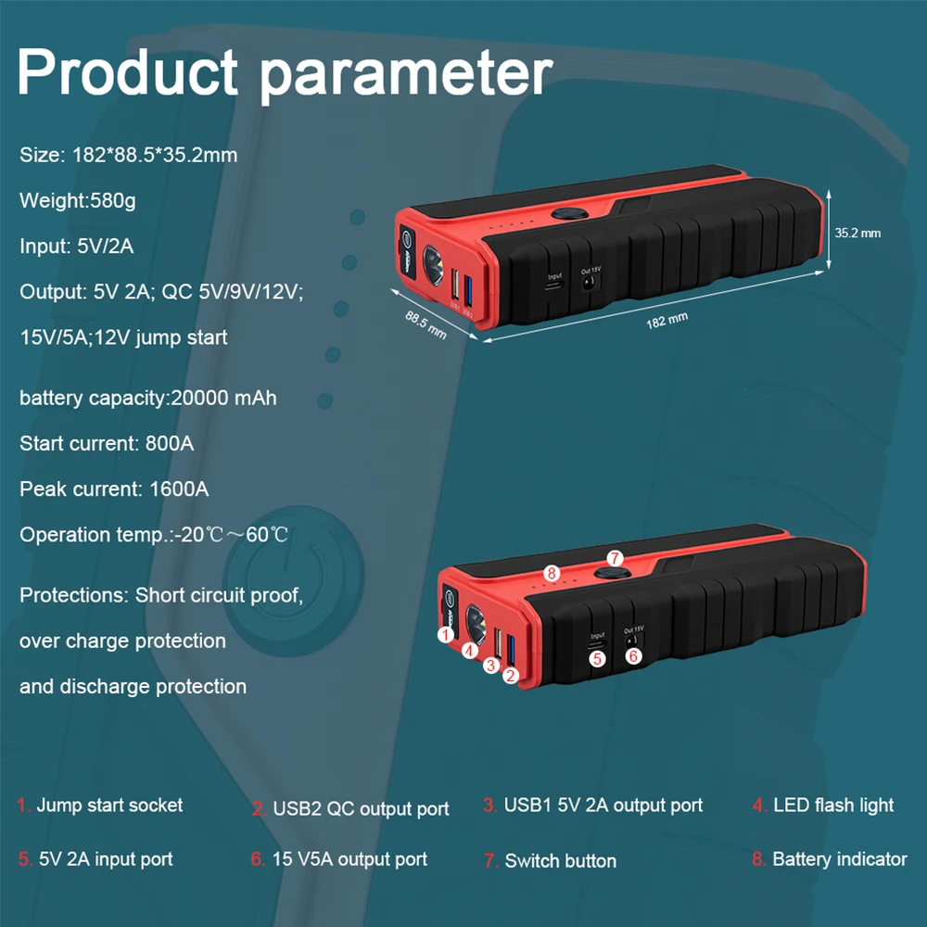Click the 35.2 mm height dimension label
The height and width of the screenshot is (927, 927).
pyautogui.click(x=857, y=233)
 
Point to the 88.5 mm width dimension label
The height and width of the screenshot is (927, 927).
pyautogui.click(x=425, y=324)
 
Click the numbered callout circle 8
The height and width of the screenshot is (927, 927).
pyautogui.click(x=551, y=573)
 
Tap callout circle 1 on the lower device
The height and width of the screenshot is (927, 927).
pyautogui.click(x=446, y=635)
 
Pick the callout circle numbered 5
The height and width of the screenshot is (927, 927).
pyautogui.click(x=598, y=658)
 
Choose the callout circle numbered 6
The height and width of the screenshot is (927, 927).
pyautogui.click(x=633, y=655)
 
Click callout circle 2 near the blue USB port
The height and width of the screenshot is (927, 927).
pyautogui.click(x=510, y=676)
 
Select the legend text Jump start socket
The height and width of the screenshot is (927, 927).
pyautogui.click(x=109, y=806)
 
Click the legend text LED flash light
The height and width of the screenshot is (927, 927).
pyautogui.click(x=833, y=806)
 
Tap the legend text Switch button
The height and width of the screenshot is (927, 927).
pyautogui.click(x=560, y=861)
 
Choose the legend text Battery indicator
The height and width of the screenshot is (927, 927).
pyautogui.click(x=840, y=859)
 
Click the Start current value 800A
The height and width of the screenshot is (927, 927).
pyautogui.click(x=170, y=444)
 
